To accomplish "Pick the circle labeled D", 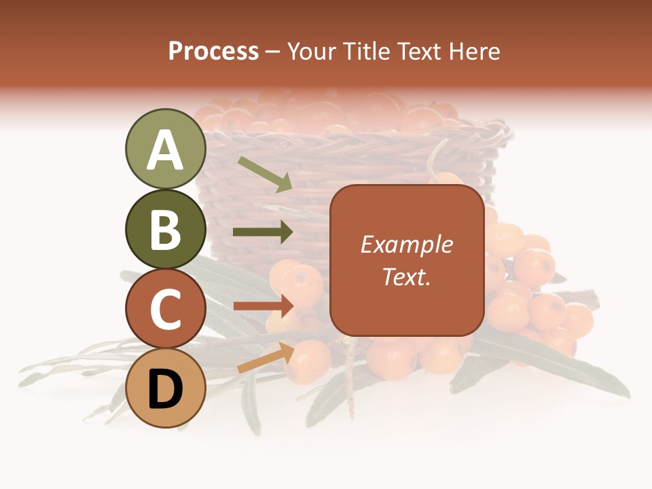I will point(165,388).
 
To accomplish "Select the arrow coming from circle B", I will point(263,232).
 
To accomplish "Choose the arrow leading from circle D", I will point(266,357).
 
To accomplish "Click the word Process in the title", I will point(213,51).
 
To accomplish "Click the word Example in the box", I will point(407,244).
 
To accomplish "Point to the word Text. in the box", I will point(407,276).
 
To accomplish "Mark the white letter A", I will point(165,150).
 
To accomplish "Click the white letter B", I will point(165,230).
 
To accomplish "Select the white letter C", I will point(165,310).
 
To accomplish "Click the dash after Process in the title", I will point(273,52).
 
